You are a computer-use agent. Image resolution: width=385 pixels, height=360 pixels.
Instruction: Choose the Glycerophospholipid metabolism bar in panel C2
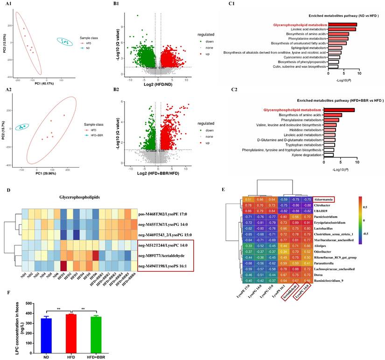339,110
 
